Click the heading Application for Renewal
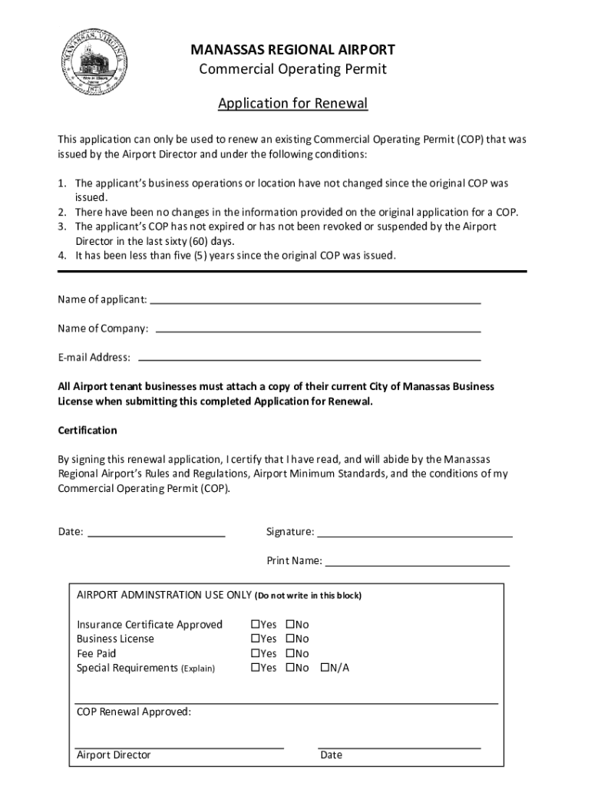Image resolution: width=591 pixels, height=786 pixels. point(293,103)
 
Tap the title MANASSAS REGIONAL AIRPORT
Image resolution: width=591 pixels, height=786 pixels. point(293,51)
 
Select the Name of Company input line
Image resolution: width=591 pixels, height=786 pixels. point(318,331)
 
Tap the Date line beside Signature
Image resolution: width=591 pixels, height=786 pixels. point(157,534)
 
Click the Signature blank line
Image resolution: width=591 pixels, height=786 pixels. point(414,535)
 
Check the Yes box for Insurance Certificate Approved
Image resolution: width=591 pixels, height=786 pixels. point(256,625)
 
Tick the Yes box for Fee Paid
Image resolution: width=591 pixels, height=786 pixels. point(256,654)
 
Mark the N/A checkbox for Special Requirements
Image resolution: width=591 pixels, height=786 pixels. point(325,668)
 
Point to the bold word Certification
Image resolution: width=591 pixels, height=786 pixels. point(87,431)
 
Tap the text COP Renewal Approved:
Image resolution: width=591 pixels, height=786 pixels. point(134,712)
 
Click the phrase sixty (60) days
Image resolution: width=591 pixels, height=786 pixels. point(198,241)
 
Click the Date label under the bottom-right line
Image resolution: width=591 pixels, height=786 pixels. point(332,755)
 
